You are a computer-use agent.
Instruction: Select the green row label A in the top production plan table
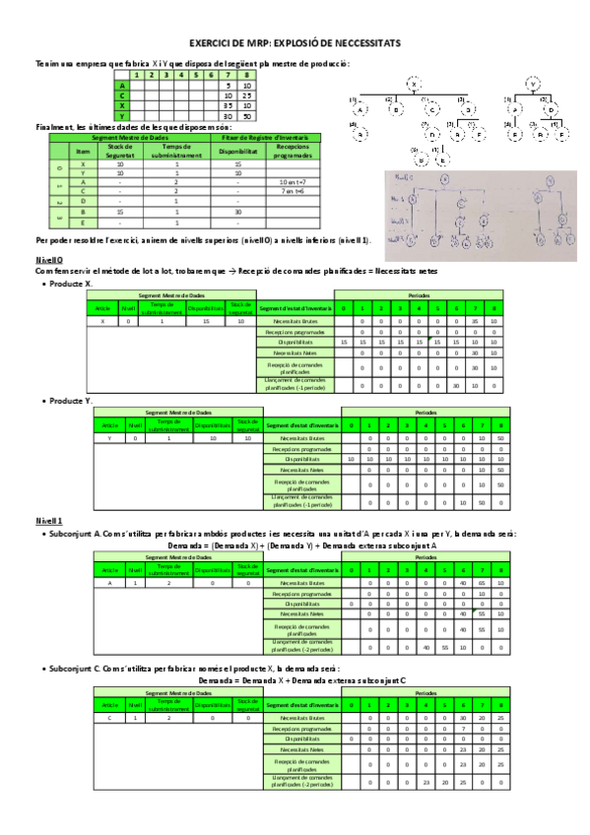pos(122,85)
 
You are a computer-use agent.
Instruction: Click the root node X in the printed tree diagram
pos(414,85)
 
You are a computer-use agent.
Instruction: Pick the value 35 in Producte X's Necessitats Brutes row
pos(476,321)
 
